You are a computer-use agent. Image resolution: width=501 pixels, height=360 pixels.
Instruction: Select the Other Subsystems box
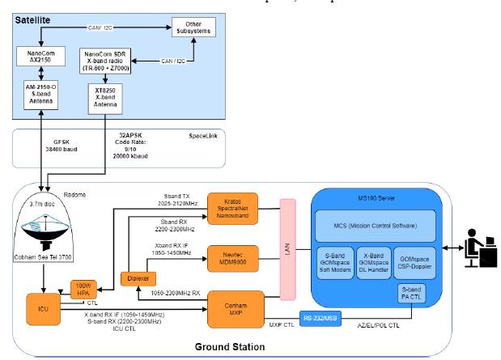[193, 28]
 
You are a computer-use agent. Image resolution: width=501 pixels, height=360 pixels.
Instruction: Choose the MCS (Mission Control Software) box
[375, 224]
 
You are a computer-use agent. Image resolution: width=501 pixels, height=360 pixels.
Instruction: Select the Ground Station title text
[229, 347]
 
